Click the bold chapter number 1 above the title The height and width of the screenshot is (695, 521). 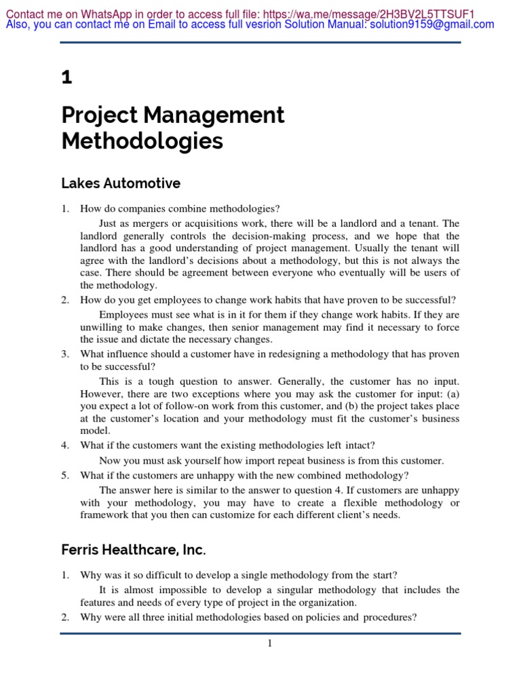click(66, 78)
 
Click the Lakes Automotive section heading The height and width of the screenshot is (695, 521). click(121, 183)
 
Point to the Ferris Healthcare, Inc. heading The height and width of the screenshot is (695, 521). click(133, 549)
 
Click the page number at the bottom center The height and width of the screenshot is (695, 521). click(269, 643)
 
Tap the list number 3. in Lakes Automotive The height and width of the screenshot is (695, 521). click(65, 354)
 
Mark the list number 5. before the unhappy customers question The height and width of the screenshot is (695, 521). click(65, 475)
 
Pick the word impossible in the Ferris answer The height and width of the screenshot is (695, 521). click(168, 590)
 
